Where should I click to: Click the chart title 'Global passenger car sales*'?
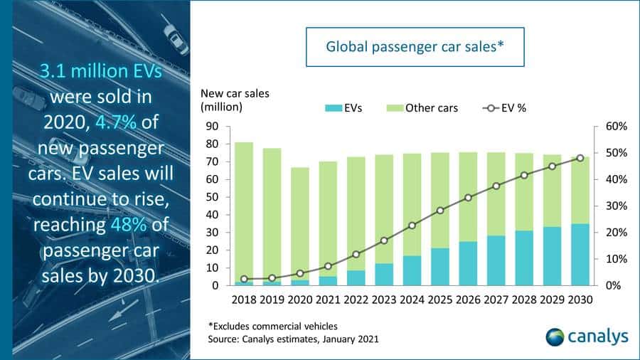click(415, 48)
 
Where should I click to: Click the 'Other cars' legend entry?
click(424, 108)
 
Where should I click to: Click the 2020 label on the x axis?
click(299, 300)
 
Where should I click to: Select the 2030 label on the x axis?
click(580, 300)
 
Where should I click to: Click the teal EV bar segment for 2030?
click(580, 255)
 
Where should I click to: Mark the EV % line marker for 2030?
click(580, 158)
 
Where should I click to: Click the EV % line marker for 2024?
click(412, 226)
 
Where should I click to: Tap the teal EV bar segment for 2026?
click(468, 263)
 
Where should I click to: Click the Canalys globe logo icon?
click(556, 336)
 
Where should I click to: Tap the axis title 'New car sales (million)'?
click(235, 100)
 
